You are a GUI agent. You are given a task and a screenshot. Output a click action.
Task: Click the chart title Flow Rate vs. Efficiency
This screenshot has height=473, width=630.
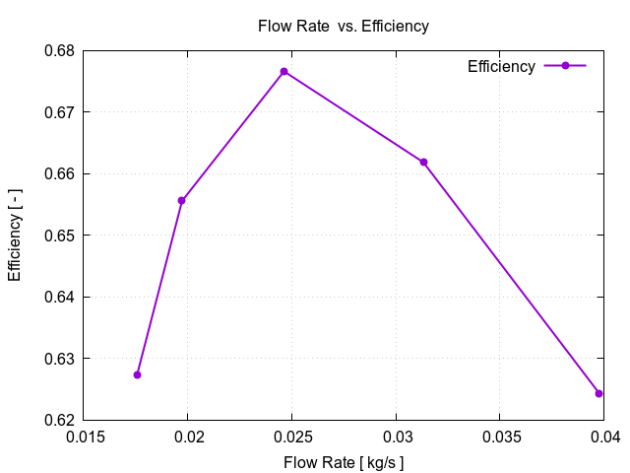[x=343, y=27]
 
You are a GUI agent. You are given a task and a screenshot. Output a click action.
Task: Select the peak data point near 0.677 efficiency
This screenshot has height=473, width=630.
[x=283, y=72]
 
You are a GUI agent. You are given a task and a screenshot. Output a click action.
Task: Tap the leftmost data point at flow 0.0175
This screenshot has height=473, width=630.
[x=137, y=374]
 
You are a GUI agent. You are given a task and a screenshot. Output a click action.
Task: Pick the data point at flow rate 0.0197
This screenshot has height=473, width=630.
[x=182, y=200]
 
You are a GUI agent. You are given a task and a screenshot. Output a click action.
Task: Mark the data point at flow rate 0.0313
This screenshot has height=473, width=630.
[x=424, y=162]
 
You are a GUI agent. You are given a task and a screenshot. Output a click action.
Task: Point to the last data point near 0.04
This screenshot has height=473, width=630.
[x=598, y=393]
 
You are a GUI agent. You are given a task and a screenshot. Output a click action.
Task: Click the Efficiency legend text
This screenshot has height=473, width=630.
[x=501, y=67]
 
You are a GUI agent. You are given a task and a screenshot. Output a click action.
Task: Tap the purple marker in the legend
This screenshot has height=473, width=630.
[x=565, y=66]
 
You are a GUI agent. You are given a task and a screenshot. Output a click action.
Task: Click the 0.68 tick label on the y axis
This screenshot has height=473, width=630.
[x=60, y=50]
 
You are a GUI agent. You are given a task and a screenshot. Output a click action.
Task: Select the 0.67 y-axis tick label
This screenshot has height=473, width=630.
[x=60, y=112]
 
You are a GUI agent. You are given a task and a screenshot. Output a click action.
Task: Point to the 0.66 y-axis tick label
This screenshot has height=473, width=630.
[x=60, y=173]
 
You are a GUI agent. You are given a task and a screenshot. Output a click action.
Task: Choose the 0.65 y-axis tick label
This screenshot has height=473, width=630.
[x=60, y=236]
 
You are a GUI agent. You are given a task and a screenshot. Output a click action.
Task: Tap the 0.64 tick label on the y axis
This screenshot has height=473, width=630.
[x=60, y=297]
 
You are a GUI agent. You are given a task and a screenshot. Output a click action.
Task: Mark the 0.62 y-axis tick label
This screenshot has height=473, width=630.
[x=60, y=420]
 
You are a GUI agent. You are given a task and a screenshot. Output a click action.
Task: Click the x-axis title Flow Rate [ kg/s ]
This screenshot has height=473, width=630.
[x=344, y=462]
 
